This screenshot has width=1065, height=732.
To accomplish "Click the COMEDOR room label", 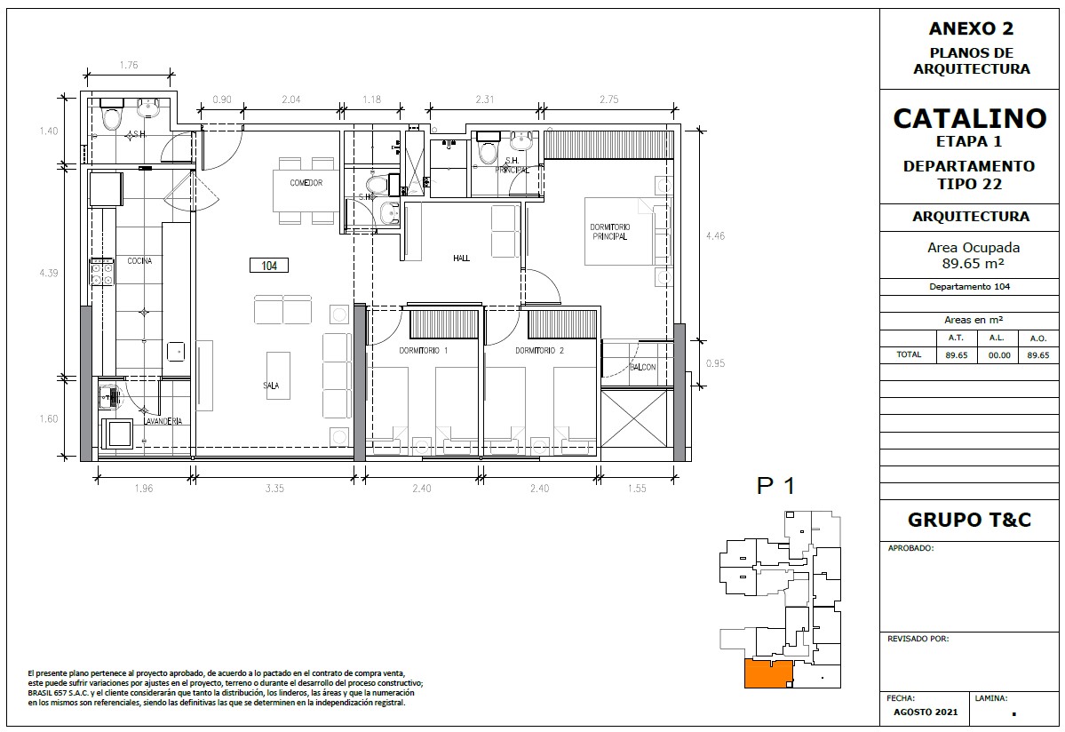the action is coord(306,183).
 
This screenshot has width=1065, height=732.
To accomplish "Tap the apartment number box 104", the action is coord(269,266).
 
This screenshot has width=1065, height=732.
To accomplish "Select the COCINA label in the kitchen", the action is coord(139,261).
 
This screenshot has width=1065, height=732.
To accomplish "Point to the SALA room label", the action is coord(271,386).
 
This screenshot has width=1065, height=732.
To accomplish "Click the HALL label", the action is coord(461,258).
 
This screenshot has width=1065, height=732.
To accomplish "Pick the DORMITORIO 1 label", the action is coord(423,351).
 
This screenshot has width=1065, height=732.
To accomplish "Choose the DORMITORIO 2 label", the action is coord(539,351).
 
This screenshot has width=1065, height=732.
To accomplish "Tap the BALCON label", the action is coord(642,368).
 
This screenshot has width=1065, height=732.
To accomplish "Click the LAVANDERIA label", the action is coord(163,421).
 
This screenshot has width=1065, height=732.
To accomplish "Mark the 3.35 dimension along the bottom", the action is coord(274,489).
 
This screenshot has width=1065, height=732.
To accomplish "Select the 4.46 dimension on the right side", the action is coord(714,236).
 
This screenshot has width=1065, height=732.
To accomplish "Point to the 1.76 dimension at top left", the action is coord(129,65).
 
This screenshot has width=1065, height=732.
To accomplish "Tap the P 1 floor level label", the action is coord(775,486).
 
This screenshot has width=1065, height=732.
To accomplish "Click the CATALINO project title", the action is coord(969,118).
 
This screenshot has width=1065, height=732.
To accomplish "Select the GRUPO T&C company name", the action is coord(969,521).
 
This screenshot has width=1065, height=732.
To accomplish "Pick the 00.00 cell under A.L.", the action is coord(998,355).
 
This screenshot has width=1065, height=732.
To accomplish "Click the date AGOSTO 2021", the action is coord(925,712).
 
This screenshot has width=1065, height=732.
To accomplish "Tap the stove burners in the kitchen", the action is coord(102,272).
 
